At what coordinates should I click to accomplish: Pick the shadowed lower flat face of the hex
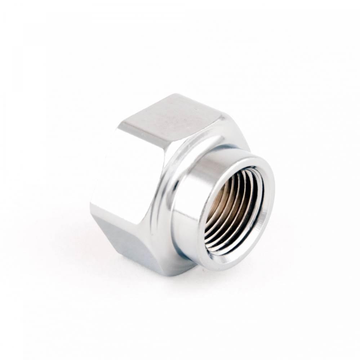coord(123,238)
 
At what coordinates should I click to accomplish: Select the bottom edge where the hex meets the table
coord(162,272)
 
